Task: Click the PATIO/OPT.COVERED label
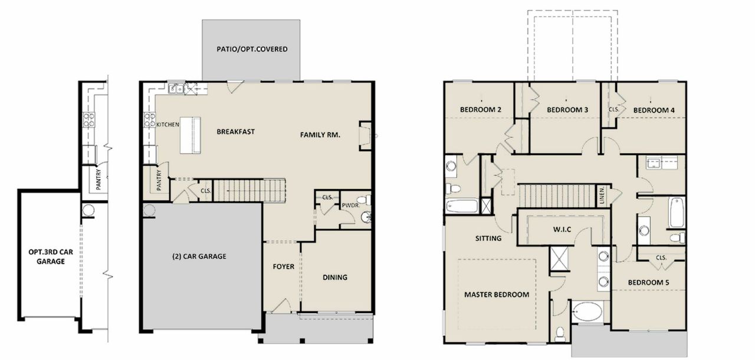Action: point(252,49)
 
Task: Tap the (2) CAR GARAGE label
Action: point(199,257)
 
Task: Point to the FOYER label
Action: point(283,267)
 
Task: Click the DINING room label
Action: point(334,277)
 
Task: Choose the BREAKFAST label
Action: point(235,132)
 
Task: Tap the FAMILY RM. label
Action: point(320,135)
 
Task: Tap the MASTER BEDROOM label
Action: point(496,294)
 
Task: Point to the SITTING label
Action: point(488,239)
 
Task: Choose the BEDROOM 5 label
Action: point(648,283)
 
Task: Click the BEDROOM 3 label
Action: point(567,110)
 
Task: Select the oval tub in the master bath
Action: point(587,312)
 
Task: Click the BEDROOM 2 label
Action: point(481,110)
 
